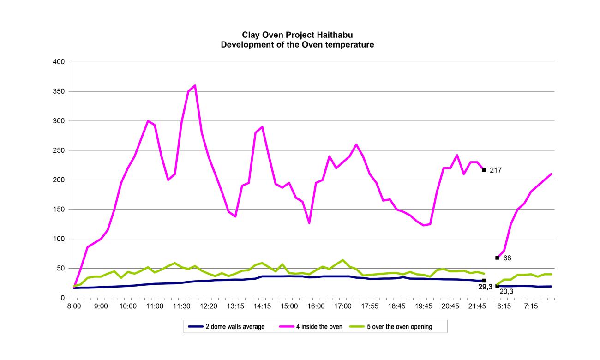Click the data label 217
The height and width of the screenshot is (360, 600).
496,170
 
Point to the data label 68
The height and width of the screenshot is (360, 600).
507,258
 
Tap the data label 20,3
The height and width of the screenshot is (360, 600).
506,291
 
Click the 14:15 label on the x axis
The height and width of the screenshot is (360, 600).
262,306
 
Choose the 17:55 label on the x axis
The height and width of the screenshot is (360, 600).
370,306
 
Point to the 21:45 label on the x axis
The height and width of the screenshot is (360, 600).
477,306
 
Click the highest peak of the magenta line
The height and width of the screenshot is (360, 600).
195,85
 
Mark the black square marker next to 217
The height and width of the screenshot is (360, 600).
484,170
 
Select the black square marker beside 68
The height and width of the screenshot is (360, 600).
497,258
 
